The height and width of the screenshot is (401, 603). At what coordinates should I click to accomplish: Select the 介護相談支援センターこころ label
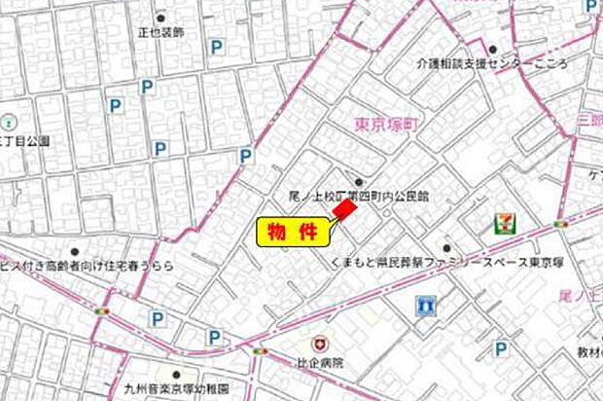pos(501,61)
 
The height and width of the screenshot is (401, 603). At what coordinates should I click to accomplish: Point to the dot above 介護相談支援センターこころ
pos(493,49)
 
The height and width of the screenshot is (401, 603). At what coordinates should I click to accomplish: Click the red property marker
pos(343,210)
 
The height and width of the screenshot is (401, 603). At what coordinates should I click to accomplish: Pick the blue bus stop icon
pos(421,305)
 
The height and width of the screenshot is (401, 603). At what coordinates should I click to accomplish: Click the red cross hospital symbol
pos(319,344)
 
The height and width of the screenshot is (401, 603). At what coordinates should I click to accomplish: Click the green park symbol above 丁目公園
pos(8,123)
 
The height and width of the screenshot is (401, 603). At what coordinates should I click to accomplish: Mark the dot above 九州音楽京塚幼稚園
pos(176,373)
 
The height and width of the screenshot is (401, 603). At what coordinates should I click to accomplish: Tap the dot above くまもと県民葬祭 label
pos(446,248)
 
